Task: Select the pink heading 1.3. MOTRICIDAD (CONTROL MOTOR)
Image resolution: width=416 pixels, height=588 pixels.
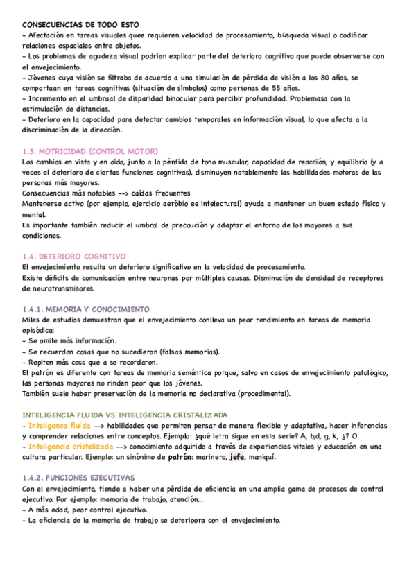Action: click(90, 151)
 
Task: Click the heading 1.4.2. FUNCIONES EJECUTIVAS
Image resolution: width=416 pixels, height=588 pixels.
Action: click(78, 459)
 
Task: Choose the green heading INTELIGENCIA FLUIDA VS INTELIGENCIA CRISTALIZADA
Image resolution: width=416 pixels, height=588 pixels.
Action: click(125, 415)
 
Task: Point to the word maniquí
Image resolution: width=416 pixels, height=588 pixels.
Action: click(269, 458)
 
